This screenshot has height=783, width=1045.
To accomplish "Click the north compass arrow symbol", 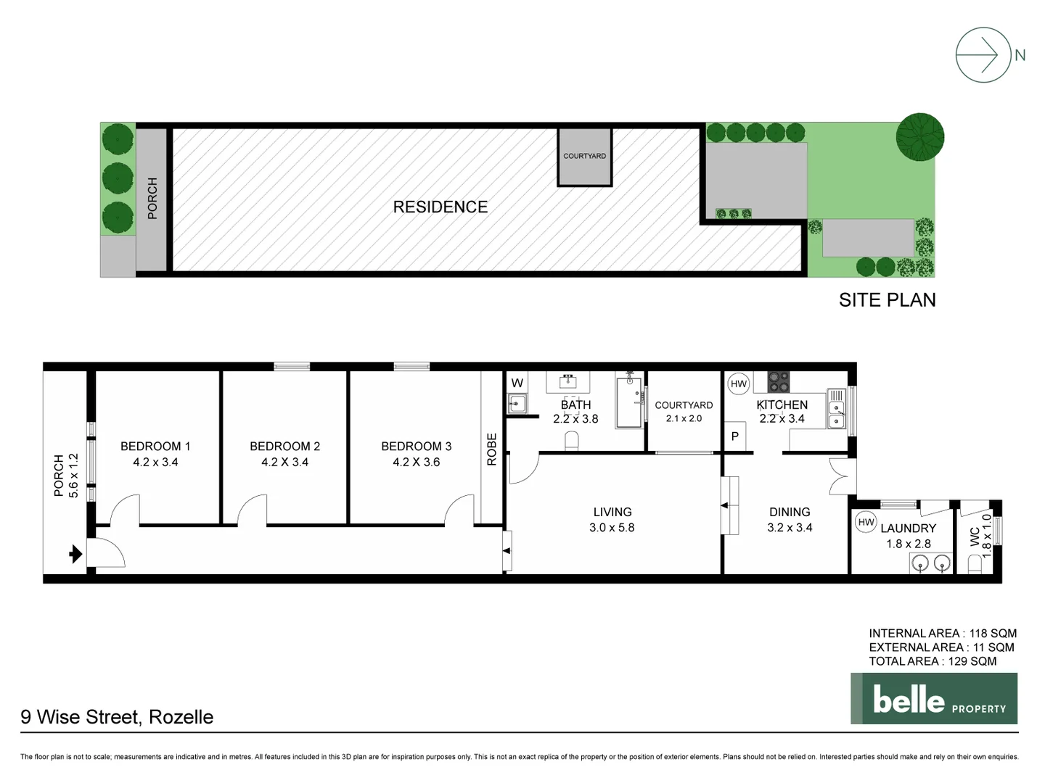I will coord(983,55).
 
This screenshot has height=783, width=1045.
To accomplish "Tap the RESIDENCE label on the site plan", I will coord(440,207).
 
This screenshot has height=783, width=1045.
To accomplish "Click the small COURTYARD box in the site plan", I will coord(584,157).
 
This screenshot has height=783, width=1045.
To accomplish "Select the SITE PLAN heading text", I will coord(887,300).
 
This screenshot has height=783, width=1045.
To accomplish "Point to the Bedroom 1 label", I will coord(155,447).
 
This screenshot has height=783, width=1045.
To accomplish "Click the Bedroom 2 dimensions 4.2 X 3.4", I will coord(284,463).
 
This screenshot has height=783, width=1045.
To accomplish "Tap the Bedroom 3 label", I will coord(416,447).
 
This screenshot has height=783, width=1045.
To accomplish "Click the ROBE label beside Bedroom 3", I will coord(491,449).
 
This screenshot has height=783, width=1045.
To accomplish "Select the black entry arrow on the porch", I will coord(75,555).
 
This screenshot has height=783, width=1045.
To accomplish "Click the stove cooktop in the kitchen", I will coord(778,381).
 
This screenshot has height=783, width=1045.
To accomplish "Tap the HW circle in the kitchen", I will coord(738,384).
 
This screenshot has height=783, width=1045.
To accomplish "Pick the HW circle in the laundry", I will coord(866,522).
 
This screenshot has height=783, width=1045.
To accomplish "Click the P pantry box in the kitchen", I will coord(734,436).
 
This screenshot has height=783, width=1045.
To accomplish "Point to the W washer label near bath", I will coord(517,384).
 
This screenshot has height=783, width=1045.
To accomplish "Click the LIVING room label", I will coord(612,512).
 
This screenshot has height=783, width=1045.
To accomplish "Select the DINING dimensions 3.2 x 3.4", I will coord(790,528).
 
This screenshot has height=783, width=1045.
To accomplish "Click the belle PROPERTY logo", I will coord(934,699).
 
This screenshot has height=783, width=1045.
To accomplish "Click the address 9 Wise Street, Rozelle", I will coord(117,717).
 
